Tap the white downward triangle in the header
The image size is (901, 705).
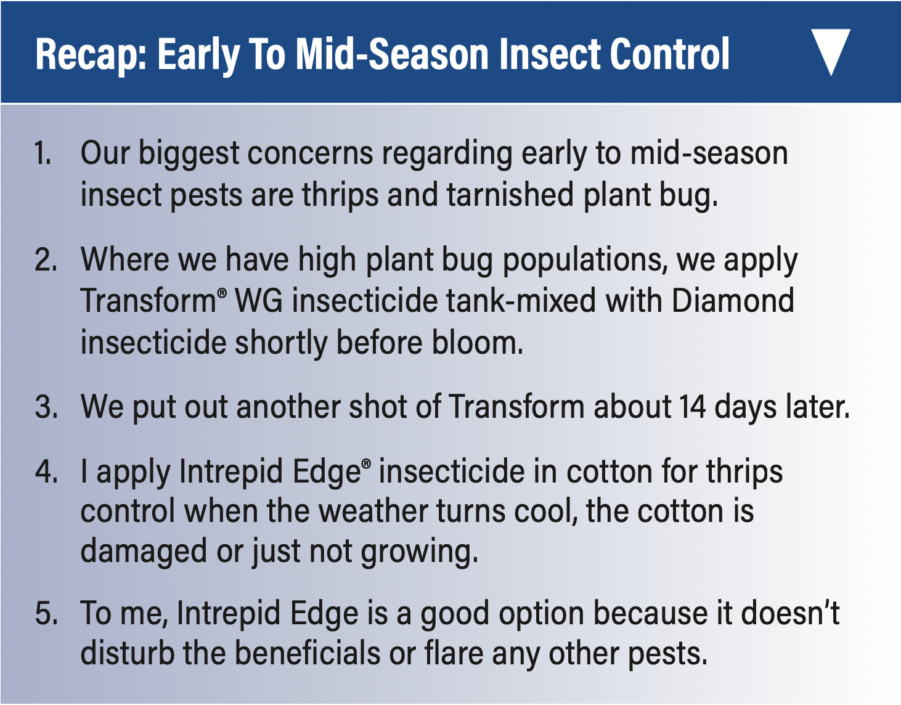831,52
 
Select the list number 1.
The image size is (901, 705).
43,153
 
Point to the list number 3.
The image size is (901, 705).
46,407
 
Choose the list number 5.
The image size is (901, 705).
46,613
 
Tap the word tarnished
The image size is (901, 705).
510,194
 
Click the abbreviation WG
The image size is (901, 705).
259,301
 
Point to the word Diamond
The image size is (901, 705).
733,301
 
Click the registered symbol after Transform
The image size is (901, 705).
222,293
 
